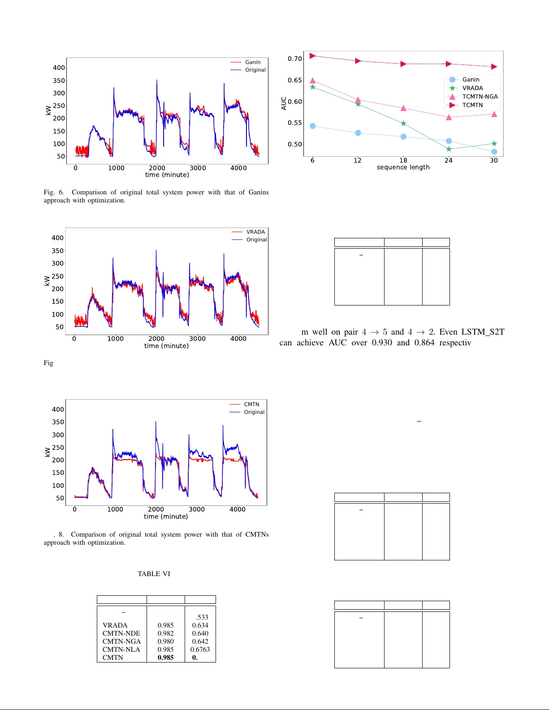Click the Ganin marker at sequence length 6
(313, 126)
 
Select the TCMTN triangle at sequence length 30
(494, 67)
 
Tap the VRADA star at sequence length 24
(449, 149)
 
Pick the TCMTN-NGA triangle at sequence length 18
(403, 108)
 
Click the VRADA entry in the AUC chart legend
(472, 88)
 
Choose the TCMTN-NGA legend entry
(480, 97)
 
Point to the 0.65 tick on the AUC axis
(295, 80)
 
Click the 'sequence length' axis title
(403, 167)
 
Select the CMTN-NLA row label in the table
(121, 650)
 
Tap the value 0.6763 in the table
(200, 650)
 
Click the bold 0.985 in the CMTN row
(165, 658)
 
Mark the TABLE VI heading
(154, 574)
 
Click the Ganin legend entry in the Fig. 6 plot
(252, 62)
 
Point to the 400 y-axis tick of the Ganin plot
(59, 68)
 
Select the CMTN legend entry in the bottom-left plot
(251, 404)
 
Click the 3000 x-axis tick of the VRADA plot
(197, 339)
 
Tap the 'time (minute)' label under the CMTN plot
(166, 516)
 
